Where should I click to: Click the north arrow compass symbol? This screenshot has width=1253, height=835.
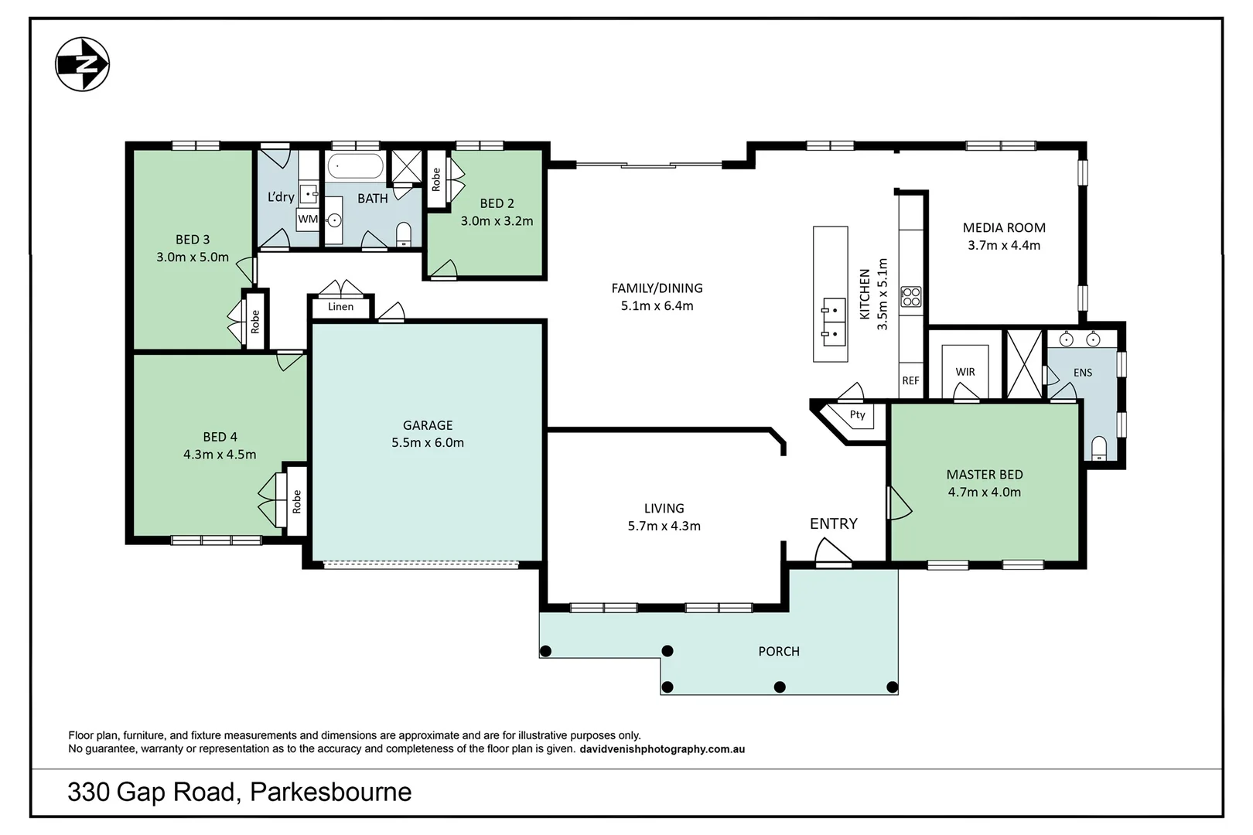point(82,64)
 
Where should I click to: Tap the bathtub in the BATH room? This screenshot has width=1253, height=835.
point(355,167)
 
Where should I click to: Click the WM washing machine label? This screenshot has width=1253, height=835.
point(308,220)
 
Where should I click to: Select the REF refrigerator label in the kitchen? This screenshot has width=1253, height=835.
point(910,380)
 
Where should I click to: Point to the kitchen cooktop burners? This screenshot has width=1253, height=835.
point(910,296)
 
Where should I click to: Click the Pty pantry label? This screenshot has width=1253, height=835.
point(858,414)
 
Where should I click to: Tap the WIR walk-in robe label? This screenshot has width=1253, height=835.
point(965,372)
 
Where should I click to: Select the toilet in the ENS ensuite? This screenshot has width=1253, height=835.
point(1098,448)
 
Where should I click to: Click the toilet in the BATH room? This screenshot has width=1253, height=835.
point(404,235)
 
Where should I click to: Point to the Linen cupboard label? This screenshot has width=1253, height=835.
point(340,306)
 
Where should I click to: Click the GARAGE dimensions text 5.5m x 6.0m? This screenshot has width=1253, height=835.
point(428,442)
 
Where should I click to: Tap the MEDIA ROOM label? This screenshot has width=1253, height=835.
point(1004,227)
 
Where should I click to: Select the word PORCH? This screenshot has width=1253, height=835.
point(779,652)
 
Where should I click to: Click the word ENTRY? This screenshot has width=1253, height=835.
point(834,523)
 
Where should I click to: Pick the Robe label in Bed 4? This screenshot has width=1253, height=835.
point(296,502)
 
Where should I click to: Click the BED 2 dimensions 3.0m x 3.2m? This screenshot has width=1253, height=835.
point(497,221)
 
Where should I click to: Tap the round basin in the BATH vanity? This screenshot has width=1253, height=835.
point(334,220)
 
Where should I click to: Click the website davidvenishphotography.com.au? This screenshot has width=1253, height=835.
point(662,749)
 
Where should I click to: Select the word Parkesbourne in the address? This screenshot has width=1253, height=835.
point(330,792)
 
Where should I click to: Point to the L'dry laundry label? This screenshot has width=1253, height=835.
point(281,197)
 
